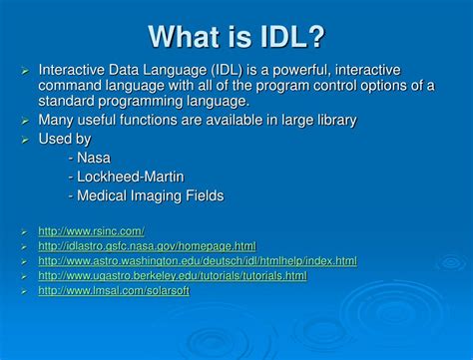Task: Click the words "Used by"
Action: (65, 140)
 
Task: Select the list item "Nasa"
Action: (93, 158)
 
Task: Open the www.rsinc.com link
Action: (91, 231)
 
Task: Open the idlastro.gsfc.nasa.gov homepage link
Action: (147, 246)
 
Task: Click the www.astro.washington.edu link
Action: (197, 261)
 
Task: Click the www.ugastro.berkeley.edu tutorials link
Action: (172, 276)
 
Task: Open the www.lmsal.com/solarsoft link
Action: (113, 291)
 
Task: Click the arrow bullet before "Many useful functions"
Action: (25, 121)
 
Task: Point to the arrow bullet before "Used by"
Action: (25, 140)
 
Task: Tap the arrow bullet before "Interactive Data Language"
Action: (25, 71)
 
